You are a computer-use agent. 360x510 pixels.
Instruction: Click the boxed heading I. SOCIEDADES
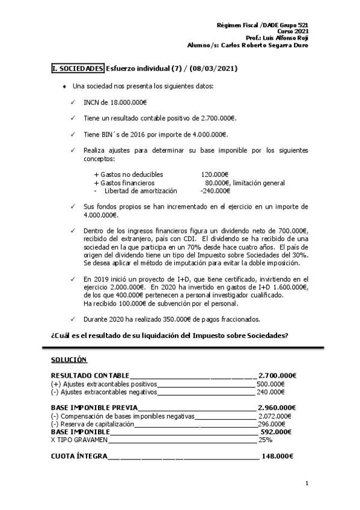tap(78, 69)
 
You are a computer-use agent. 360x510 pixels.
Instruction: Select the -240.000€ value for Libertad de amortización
tap(215, 191)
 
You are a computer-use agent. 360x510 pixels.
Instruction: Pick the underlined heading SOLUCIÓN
tap(70, 360)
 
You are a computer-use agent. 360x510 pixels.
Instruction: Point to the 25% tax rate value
tap(265, 440)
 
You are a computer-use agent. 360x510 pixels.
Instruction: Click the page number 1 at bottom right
tap(307, 483)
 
